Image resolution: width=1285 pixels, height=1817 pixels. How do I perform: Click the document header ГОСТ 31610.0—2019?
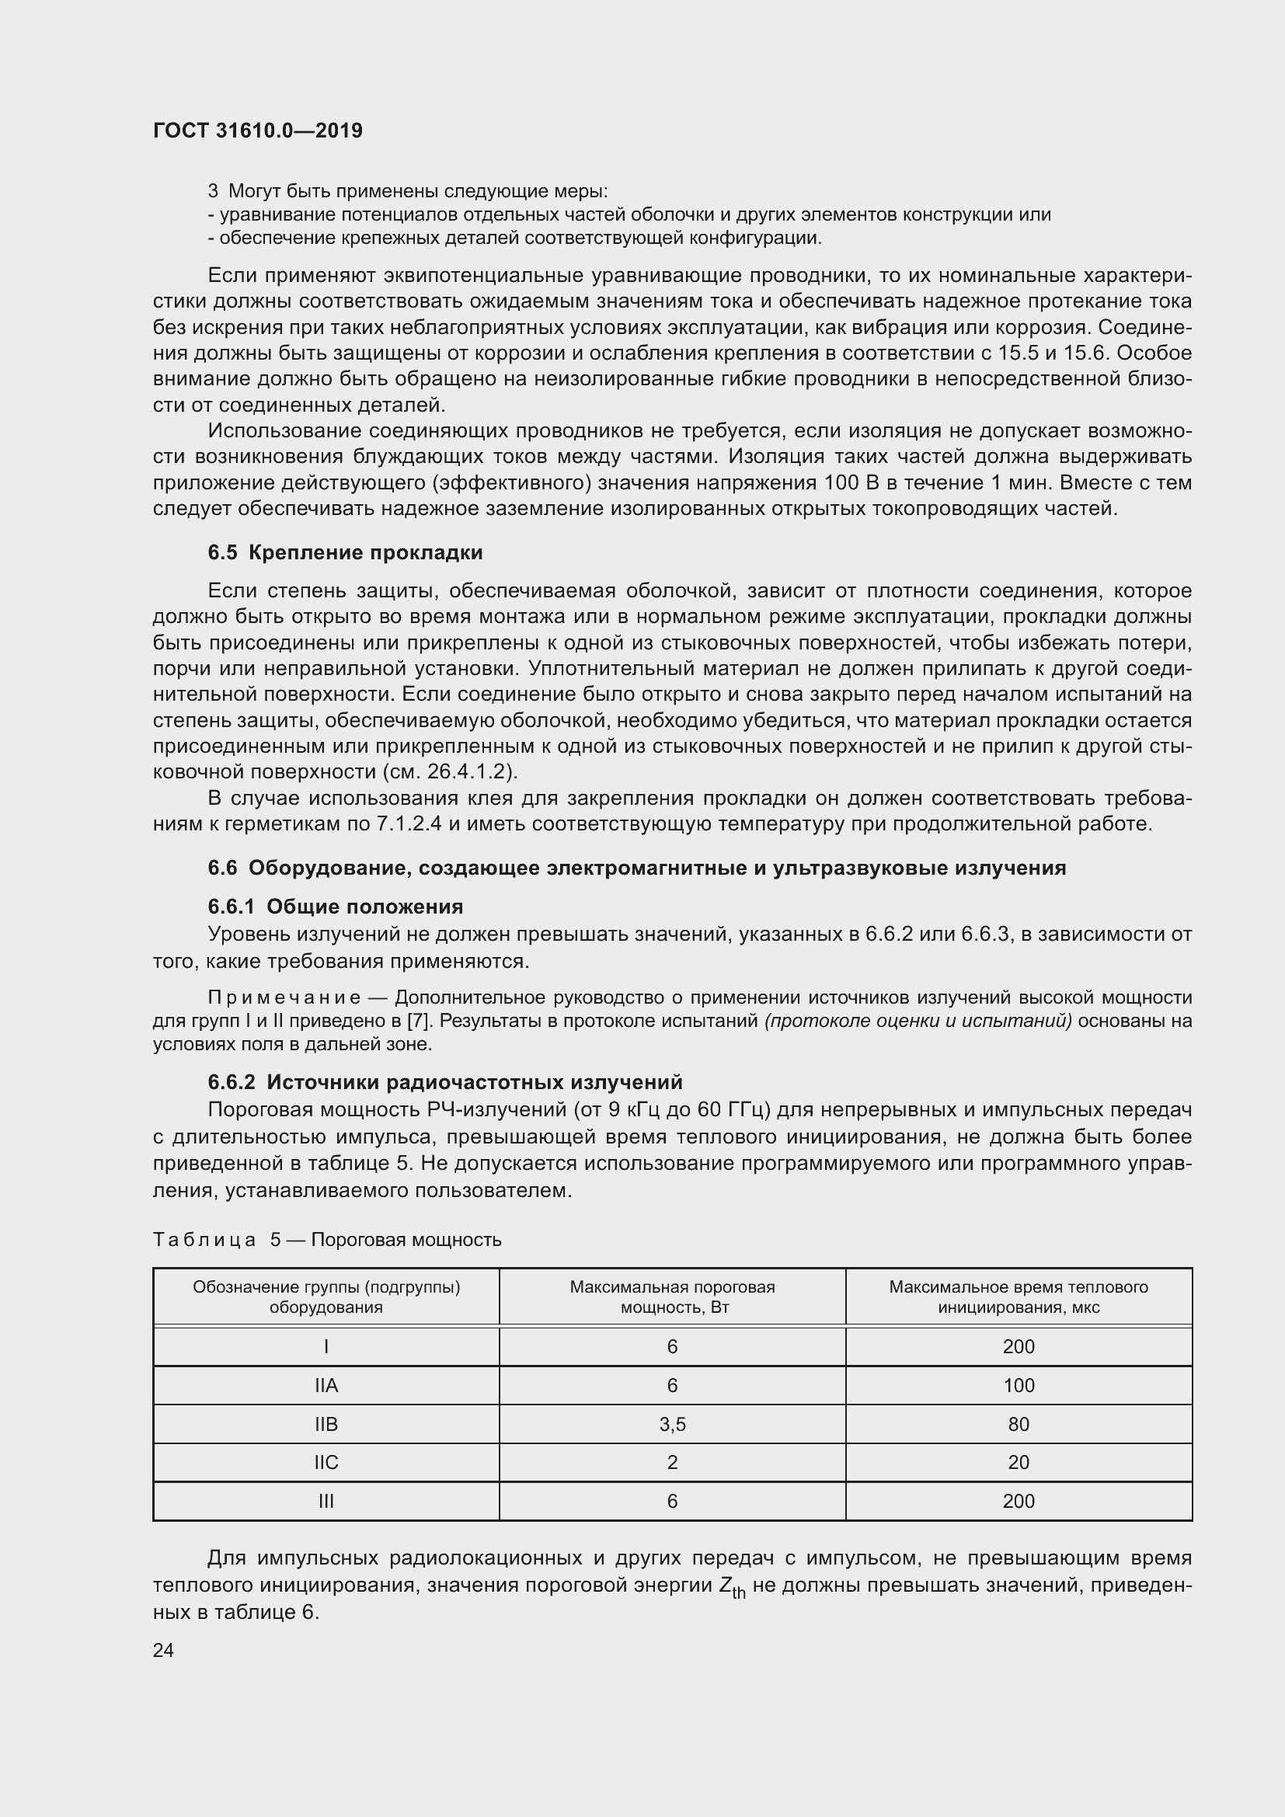click(x=258, y=131)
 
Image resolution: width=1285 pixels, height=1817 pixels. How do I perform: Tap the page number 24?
click(x=163, y=1650)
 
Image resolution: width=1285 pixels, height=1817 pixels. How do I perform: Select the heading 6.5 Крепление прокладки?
click(x=345, y=552)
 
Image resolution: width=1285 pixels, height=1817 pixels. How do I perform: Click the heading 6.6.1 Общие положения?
click(x=336, y=906)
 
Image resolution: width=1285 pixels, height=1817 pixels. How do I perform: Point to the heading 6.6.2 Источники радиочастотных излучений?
click(x=444, y=1082)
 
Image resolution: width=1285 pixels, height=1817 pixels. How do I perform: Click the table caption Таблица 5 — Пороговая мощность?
click(x=327, y=1239)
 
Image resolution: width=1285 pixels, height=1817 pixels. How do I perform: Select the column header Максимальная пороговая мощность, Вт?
click(x=672, y=1297)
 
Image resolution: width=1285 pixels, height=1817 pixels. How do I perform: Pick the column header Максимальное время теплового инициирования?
click(x=1019, y=1297)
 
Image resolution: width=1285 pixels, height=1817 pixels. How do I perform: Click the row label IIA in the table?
click(x=326, y=1386)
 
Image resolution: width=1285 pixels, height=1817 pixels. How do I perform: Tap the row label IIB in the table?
click(x=326, y=1425)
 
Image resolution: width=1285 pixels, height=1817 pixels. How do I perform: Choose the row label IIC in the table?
click(x=326, y=1463)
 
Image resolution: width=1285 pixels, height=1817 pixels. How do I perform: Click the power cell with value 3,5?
click(x=672, y=1425)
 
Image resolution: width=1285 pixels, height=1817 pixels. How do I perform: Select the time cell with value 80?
click(x=1019, y=1425)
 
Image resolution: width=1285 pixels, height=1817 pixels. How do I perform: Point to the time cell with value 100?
click(x=1019, y=1386)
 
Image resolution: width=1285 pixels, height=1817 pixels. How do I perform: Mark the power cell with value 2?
click(x=672, y=1463)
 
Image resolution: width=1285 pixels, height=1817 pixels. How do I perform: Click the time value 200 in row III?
click(x=1019, y=1502)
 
